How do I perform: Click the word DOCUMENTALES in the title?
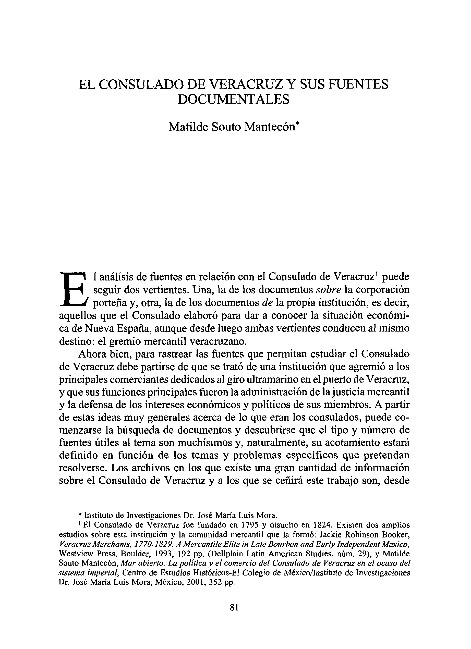coord(233,99)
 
